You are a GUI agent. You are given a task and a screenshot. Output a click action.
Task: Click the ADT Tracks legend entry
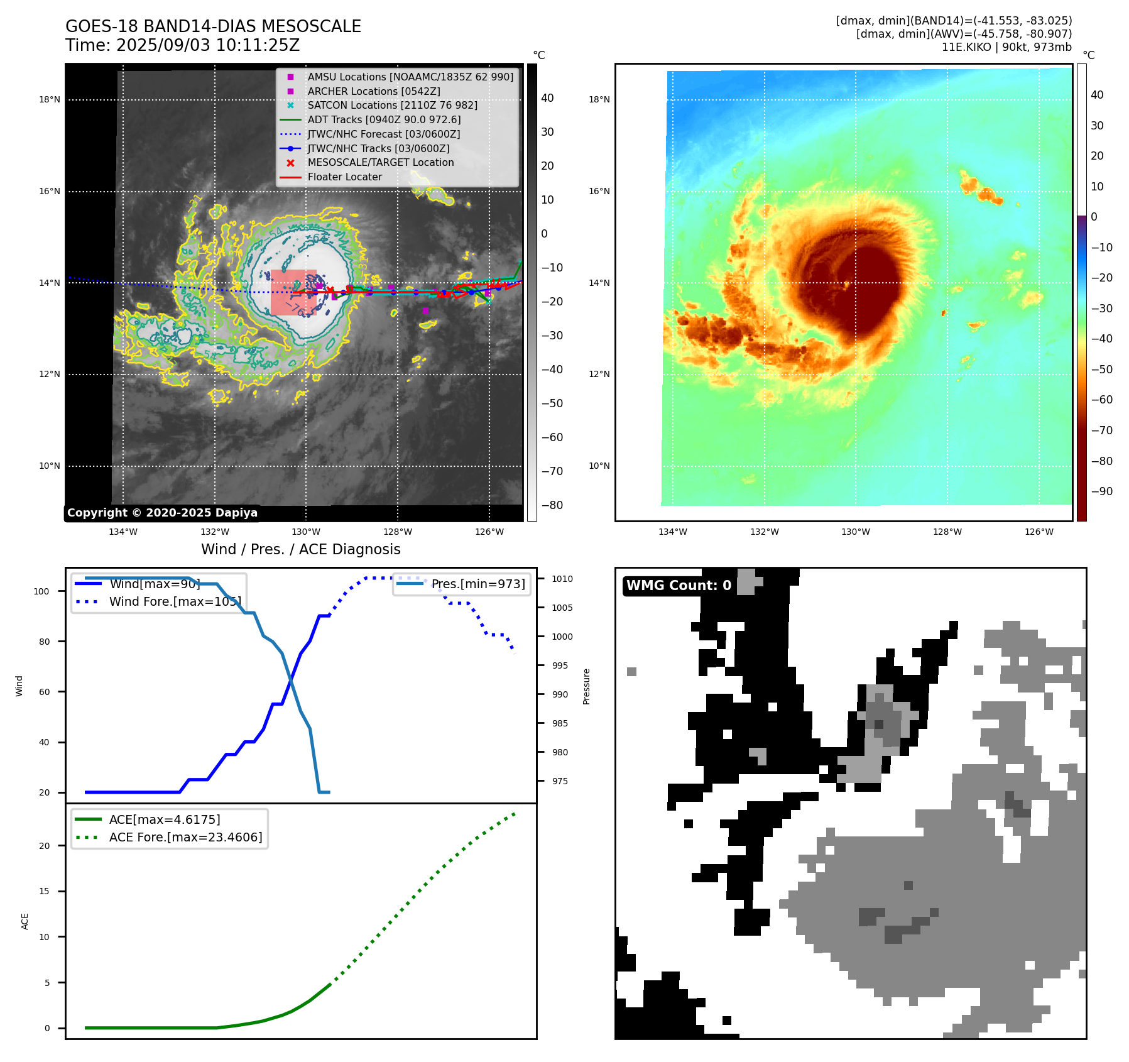pos(384,119)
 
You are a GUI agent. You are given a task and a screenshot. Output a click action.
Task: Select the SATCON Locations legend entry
pos(392,105)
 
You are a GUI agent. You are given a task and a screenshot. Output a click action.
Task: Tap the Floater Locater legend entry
pos(344,177)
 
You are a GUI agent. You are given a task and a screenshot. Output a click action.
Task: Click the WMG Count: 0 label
pos(679,586)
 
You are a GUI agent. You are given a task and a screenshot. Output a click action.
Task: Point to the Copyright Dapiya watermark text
pos(162,513)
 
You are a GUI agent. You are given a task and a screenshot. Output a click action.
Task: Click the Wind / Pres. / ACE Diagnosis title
pos(300,549)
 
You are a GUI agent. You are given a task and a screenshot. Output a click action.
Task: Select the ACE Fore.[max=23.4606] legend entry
pos(185,837)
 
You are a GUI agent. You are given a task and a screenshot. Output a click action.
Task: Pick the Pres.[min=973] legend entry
pos(477,584)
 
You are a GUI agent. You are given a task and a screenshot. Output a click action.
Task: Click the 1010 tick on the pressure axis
pos(562,579)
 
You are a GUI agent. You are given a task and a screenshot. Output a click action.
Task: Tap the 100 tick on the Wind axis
pos(41,591)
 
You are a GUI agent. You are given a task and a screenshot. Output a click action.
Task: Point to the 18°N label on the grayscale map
pos(50,99)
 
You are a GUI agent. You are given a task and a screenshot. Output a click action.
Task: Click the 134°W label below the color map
pos(672,532)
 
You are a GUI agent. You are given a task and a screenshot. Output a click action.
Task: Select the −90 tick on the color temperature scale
pos(1101,491)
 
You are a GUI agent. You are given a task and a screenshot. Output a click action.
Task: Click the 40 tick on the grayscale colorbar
pos(547,98)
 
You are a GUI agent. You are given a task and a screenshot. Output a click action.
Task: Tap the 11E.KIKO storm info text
pos(1006,47)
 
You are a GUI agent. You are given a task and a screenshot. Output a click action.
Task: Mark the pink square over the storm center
pos(293,292)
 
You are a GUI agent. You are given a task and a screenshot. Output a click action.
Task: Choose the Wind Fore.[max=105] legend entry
pos(175,601)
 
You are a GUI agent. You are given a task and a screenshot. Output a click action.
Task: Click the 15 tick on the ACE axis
pos(44,891)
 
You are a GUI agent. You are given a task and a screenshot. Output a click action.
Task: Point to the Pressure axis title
pos(586,686)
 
